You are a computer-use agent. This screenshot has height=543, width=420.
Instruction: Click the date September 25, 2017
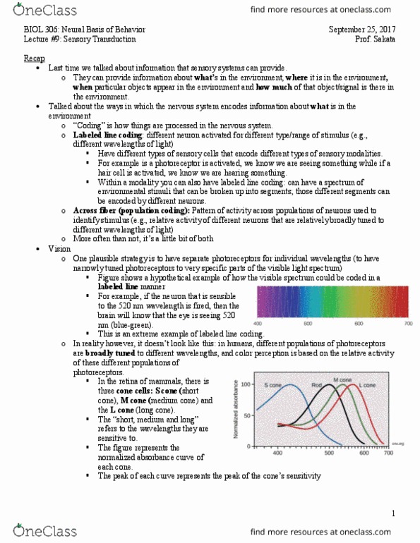(365, 30)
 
